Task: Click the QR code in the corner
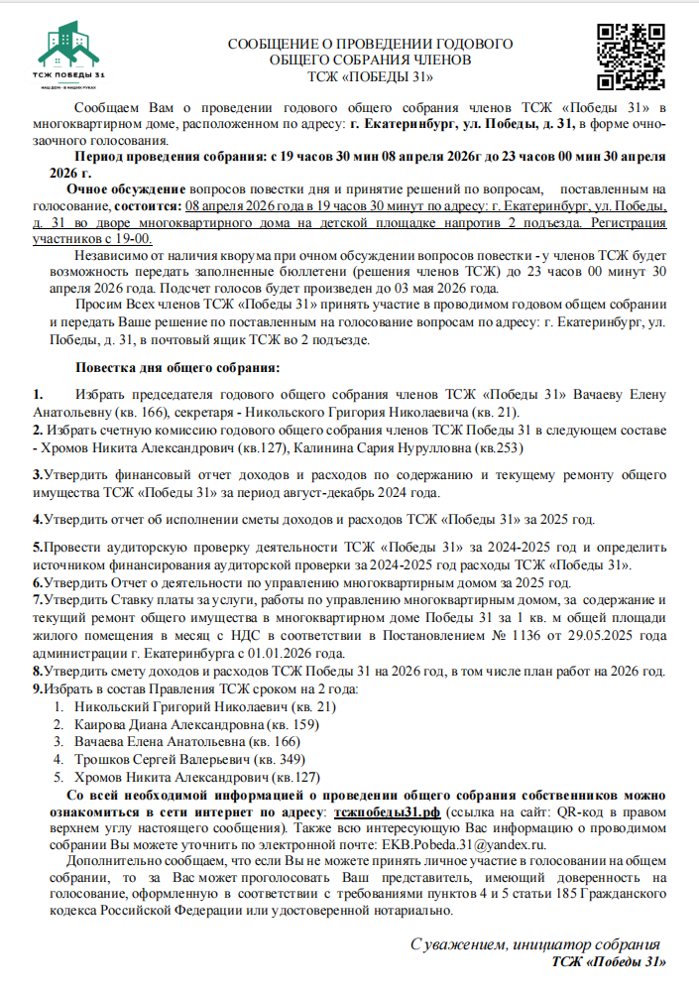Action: (626, 53)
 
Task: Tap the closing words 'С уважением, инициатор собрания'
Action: (534, 944)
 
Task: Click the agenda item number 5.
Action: (38, 547)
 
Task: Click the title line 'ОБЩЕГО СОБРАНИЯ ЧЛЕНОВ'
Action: (370, 60)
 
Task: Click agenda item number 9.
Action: (38, 688)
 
